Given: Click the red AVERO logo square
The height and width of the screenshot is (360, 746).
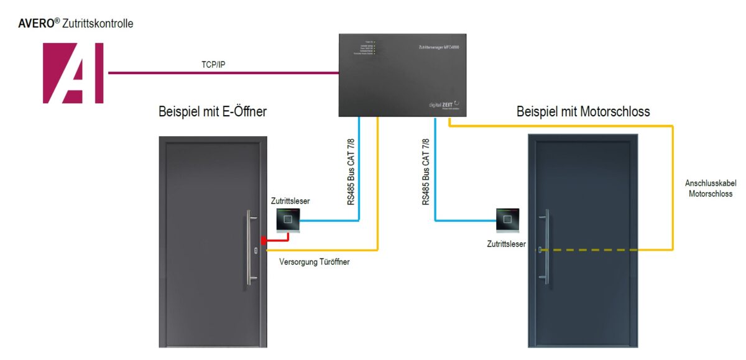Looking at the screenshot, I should click(73, 73).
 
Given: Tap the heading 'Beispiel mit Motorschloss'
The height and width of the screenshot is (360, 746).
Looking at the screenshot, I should click(583, 112).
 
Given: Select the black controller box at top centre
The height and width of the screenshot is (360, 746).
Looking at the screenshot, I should click(402, 75).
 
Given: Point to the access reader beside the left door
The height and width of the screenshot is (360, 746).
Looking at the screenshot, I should click(288, 219).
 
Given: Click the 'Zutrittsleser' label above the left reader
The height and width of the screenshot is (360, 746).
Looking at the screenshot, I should click(290, 201).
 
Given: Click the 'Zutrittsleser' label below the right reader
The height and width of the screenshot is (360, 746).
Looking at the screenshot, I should click(506, 244).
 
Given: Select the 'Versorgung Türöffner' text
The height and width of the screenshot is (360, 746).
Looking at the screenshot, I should click(315, 262).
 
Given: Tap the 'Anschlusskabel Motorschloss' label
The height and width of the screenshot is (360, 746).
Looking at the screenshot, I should click(709, 188).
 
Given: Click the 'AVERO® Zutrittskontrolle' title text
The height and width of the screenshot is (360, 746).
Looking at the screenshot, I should click(76, 24).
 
